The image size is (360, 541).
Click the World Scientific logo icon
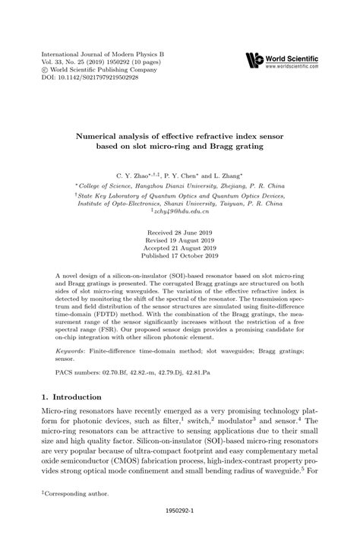(x=252, y=59)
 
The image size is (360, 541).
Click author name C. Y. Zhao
(x=132, y=174)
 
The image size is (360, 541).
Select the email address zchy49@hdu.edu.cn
(x=179, y=213)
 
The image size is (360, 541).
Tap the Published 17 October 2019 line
(x=179, y=255)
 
